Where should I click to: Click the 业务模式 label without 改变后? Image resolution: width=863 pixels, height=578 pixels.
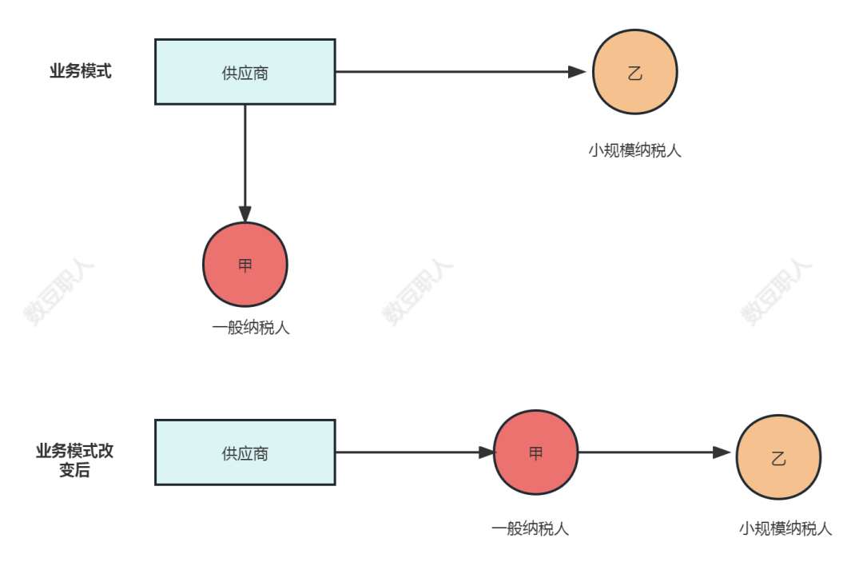(81, 71)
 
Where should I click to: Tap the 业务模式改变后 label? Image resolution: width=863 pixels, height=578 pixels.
(74, 460)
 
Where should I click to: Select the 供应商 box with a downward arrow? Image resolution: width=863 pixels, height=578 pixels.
(245, 72)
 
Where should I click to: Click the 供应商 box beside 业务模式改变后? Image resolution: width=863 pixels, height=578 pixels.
(245, 452)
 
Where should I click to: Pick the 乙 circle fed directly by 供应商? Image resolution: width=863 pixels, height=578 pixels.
(634, 72)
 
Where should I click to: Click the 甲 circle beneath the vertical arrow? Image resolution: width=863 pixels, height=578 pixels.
(245, 265)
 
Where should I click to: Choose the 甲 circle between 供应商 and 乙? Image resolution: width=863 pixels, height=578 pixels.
(535, 452)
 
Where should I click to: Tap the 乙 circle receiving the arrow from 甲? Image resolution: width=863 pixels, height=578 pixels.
(778, 457)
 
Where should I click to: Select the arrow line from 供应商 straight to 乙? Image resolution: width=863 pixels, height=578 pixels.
(455, 72)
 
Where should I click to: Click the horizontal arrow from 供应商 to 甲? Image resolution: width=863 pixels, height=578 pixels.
(408, 452)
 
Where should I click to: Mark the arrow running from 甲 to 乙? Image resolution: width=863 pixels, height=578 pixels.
(647, 452)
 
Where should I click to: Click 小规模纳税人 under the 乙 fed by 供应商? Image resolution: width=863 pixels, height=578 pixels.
(634, 150)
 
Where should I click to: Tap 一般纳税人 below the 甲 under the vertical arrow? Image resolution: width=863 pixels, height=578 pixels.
(250, 328)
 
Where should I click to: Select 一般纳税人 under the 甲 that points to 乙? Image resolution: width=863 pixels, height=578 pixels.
(530, 528)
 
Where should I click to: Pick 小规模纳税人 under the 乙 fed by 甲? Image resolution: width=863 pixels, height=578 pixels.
(785, 528)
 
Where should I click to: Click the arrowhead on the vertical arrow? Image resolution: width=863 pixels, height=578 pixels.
(245, 213)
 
